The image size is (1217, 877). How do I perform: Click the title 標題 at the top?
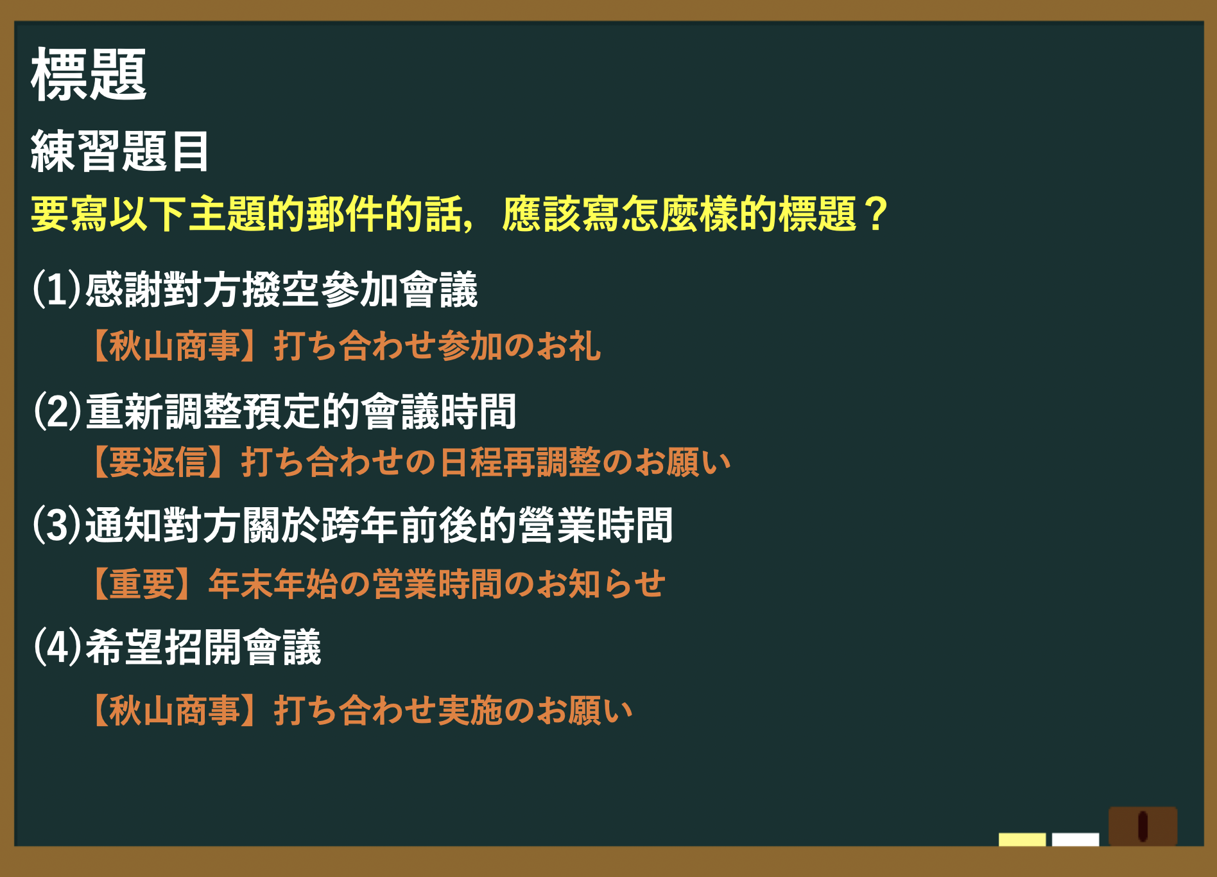89,74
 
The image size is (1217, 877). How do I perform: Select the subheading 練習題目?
120,151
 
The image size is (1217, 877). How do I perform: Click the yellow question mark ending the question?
876,214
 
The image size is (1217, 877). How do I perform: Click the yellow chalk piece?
1022,840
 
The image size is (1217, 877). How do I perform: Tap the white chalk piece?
1075,840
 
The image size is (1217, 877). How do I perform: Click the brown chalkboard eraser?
1143,826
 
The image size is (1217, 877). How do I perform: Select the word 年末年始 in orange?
273,584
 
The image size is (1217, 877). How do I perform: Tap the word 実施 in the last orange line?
470,711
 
